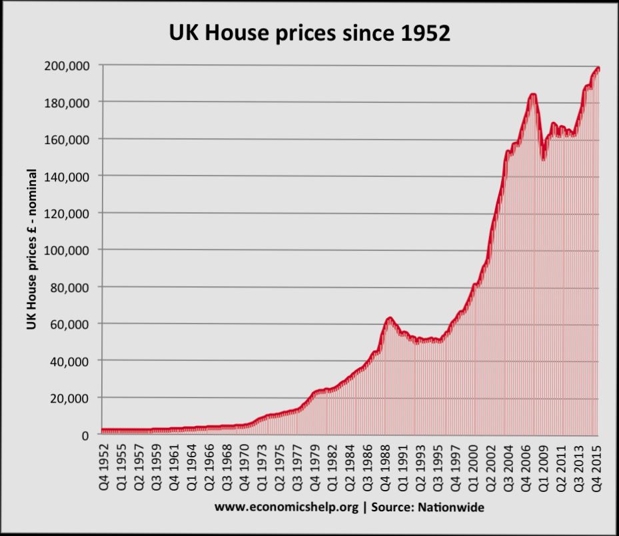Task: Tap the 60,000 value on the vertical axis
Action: pos(71,324)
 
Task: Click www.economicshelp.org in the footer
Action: pos(287,508)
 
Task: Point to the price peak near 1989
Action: pos(389,318)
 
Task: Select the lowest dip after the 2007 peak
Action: pos(544,158)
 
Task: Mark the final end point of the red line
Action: pos(598,69)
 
